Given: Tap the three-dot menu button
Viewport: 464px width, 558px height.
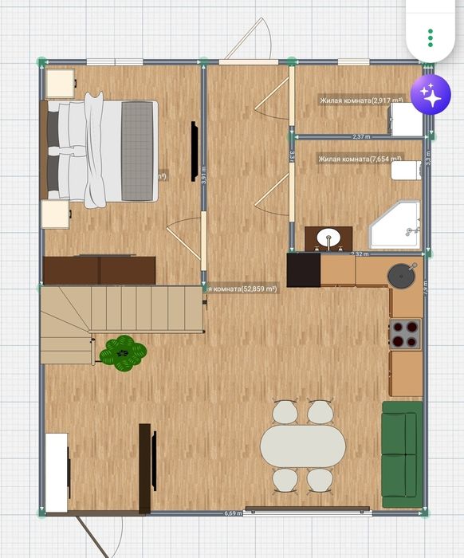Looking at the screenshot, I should tap(431, 37).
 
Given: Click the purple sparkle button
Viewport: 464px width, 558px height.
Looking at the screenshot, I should tap(431, 96).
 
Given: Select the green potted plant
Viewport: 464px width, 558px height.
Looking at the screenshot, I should tap(123, 352).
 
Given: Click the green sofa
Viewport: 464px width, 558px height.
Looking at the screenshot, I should tap(401, 454).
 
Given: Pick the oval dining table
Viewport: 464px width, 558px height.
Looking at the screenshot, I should tap(304, 446).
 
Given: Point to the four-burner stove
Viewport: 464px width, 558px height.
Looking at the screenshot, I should tap(405, 334).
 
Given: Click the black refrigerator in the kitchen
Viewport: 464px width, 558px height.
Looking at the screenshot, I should tap(303, 269).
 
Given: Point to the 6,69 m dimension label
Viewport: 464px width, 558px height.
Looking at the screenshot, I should tap(233, 513).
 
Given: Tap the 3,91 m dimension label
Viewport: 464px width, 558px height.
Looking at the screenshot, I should tap(204, 175).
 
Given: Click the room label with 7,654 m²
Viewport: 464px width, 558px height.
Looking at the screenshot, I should tap(360, 159).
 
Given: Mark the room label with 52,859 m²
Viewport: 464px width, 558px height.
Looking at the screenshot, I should tap(242, 289).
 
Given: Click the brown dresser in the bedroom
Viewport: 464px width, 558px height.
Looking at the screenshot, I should tap(99, 270).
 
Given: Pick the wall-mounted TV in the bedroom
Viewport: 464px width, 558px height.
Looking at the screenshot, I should tap(194, 151).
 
